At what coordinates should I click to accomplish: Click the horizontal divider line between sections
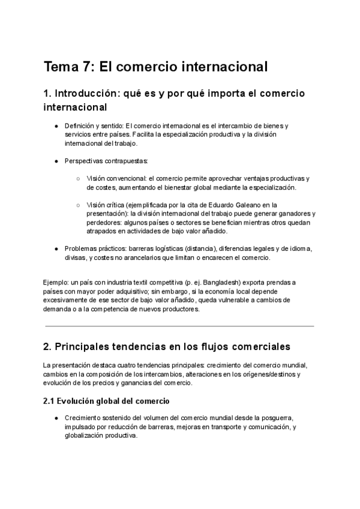179,326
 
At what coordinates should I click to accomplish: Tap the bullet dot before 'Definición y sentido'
56,126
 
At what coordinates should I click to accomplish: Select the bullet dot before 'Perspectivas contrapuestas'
56,161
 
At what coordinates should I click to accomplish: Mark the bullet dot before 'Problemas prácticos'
56,248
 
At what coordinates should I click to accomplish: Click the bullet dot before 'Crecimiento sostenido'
56,418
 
